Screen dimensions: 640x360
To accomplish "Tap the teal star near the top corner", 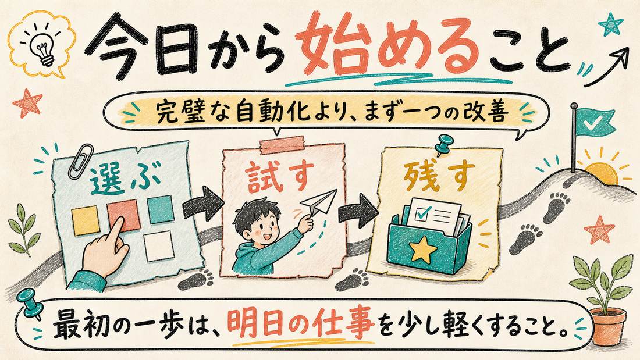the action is coord(610,24).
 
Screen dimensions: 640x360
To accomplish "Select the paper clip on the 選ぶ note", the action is coord(81,159).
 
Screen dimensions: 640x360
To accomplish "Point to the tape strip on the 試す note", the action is coord(282,145).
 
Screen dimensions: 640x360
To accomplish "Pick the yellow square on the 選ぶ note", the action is coord(86,220).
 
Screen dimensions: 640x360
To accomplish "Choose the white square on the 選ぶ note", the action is coord(159,245).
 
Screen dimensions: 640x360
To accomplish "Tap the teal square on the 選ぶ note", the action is coord(161,210).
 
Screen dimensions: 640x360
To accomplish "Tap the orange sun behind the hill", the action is coord(600,174).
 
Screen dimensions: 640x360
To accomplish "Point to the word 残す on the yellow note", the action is coord(439,177).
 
